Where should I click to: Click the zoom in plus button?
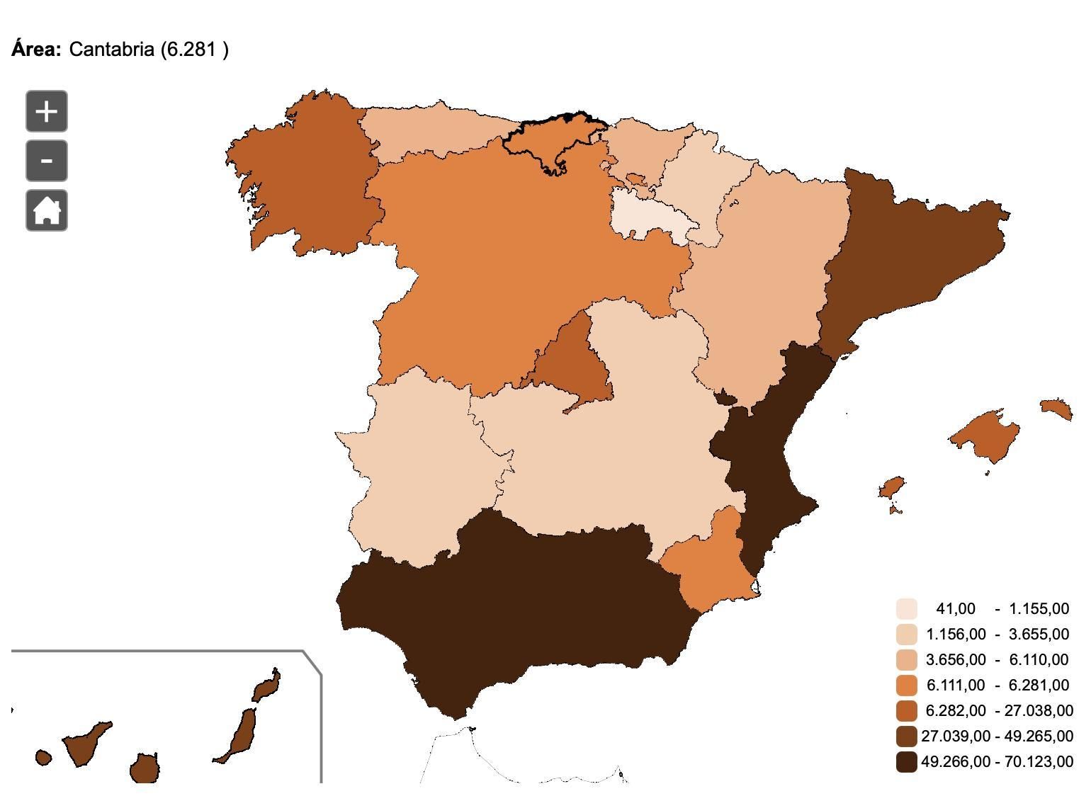47,111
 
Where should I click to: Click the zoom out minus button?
47,161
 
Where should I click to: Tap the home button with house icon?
47,210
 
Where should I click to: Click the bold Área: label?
36,50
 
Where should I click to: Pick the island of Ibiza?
892,488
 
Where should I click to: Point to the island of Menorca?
1056,409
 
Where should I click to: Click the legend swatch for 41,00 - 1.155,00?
907,609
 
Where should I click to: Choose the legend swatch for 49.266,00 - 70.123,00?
907,762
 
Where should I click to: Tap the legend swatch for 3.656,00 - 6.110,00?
907,660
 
